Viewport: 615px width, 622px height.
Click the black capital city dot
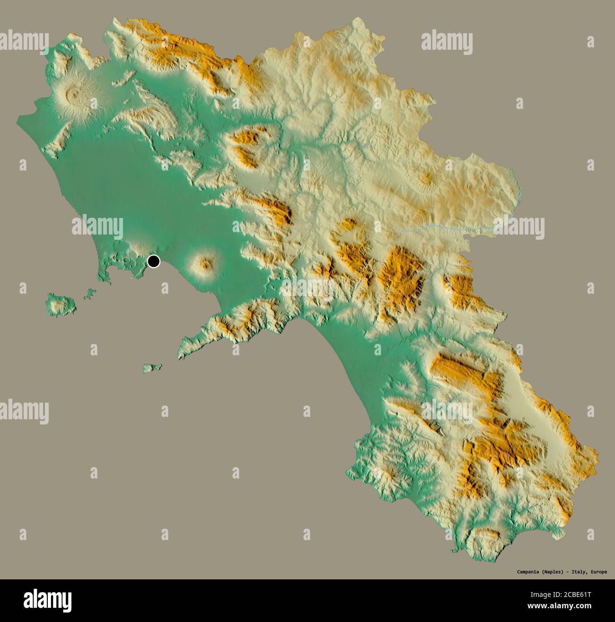coord(154,261)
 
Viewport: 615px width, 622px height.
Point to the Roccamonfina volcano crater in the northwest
coord(72,94)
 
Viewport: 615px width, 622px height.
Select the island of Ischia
coord(61,304)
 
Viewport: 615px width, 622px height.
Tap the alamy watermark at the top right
coord(447,42)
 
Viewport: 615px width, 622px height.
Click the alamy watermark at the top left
coord(24,40)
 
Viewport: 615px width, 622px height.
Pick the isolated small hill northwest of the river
coord(427,179)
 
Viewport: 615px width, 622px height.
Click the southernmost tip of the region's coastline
coord(455,551)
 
